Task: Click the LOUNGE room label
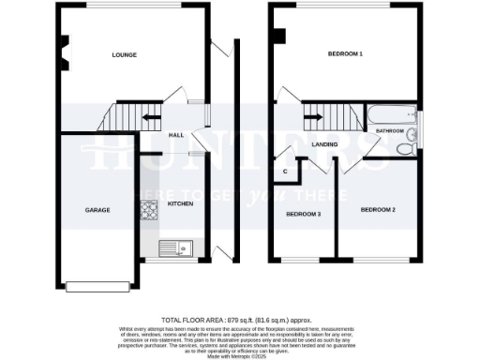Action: (x=124, y=55)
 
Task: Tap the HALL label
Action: (x=175, y=135)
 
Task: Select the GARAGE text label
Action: (x=97, y=210)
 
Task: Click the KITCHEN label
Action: (x=180, y=203)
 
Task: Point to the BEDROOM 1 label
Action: (x=344, y=54)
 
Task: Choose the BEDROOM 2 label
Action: (x=377, y=210)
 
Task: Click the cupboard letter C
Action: (x=285, y=172)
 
